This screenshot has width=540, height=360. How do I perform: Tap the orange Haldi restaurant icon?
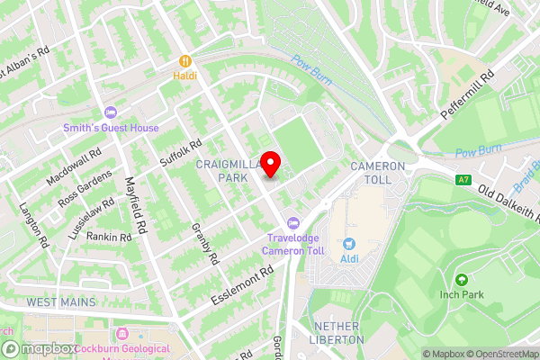(x=184, y=61)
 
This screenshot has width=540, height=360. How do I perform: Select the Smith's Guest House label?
(x=112, y=128)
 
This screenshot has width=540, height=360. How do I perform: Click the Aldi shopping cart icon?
(x=349, y=244)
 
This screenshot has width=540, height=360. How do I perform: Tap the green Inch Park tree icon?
(x=462, y=281)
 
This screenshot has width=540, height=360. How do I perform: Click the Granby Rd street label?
(x=206, y=243)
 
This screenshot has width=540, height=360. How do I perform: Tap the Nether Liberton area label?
(x=337, y=332)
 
